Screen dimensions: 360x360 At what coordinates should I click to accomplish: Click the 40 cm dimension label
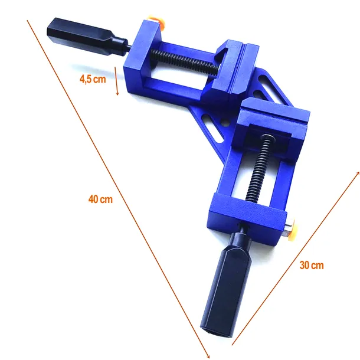click(100, 199)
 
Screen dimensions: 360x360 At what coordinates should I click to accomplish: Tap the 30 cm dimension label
click(311, 265)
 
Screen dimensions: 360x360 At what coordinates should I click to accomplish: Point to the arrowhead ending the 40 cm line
click(208, 355)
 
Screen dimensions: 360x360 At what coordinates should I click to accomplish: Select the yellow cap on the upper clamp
click(158, 22)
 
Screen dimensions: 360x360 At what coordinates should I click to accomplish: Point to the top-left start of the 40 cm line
click(27, 21)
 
